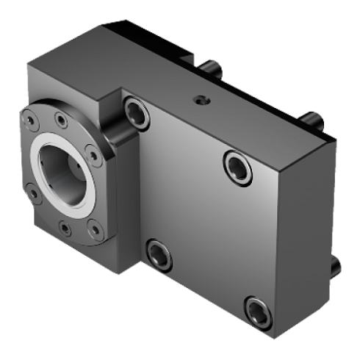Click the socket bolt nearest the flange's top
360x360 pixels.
(x=135, y=111)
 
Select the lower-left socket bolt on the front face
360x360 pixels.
(x=157, y=253)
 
